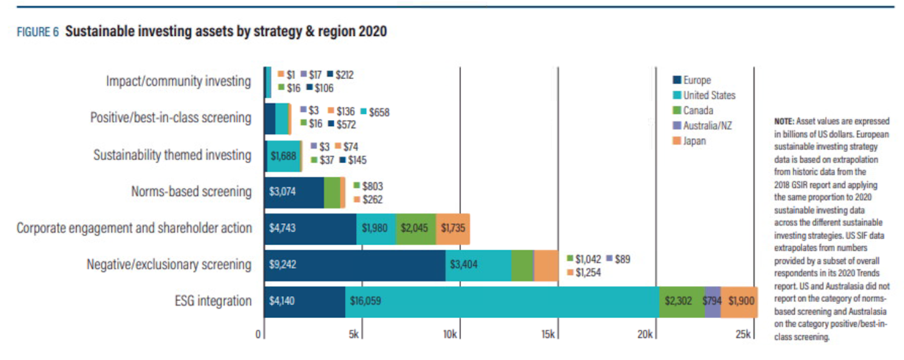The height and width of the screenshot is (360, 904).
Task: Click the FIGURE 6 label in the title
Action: click(x=38, y=32)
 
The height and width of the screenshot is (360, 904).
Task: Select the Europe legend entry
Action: click(x=692, y=80)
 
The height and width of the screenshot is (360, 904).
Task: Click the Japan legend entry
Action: click(x=689, y=141)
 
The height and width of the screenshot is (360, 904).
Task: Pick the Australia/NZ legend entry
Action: click(x=702, y=126)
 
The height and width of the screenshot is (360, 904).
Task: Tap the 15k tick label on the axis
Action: click(x=548, y=334)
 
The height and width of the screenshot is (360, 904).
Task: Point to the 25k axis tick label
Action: click(x=743, y=334)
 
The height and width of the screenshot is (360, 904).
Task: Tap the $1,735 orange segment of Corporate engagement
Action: click(x=453, y=228)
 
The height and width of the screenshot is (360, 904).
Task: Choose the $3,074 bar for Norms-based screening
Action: click(x=294, y=192)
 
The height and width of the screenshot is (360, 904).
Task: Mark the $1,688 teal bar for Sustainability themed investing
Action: click(x=283, y=156)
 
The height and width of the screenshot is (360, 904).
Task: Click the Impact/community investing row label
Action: click(x=178, y=81)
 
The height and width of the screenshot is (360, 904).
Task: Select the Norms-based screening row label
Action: click(x=191, y=192)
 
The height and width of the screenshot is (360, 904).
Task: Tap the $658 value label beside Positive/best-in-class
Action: click(x=379, y=112)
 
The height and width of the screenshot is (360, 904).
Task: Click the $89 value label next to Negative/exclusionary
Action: click(x=622, y=259)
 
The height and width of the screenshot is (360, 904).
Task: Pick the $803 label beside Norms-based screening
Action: click(x=372, y=186)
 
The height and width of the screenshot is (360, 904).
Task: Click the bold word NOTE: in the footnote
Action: click(x=784, y=121)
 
